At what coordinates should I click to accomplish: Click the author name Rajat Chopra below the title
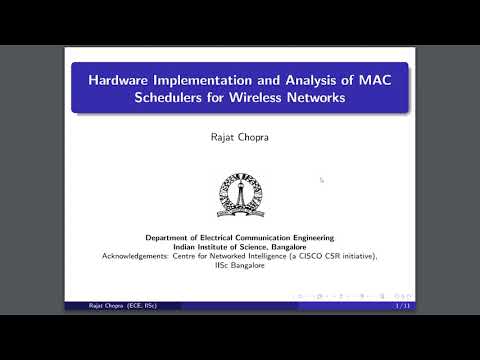tap(240, 139)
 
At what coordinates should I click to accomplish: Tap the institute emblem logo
tap(240, 196)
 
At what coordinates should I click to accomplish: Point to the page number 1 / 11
tap(402, 305)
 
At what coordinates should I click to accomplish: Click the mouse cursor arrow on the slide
tap(321, 180)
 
